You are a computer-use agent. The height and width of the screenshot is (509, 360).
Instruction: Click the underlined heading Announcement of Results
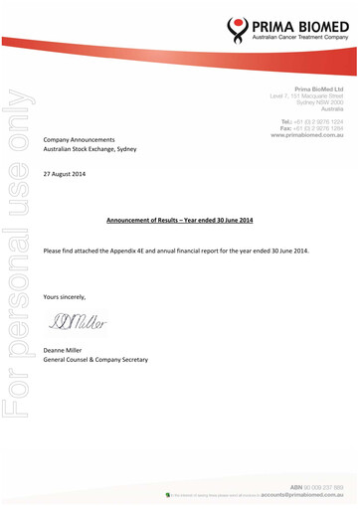180,217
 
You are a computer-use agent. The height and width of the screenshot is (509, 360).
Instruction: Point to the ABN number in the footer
318,488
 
